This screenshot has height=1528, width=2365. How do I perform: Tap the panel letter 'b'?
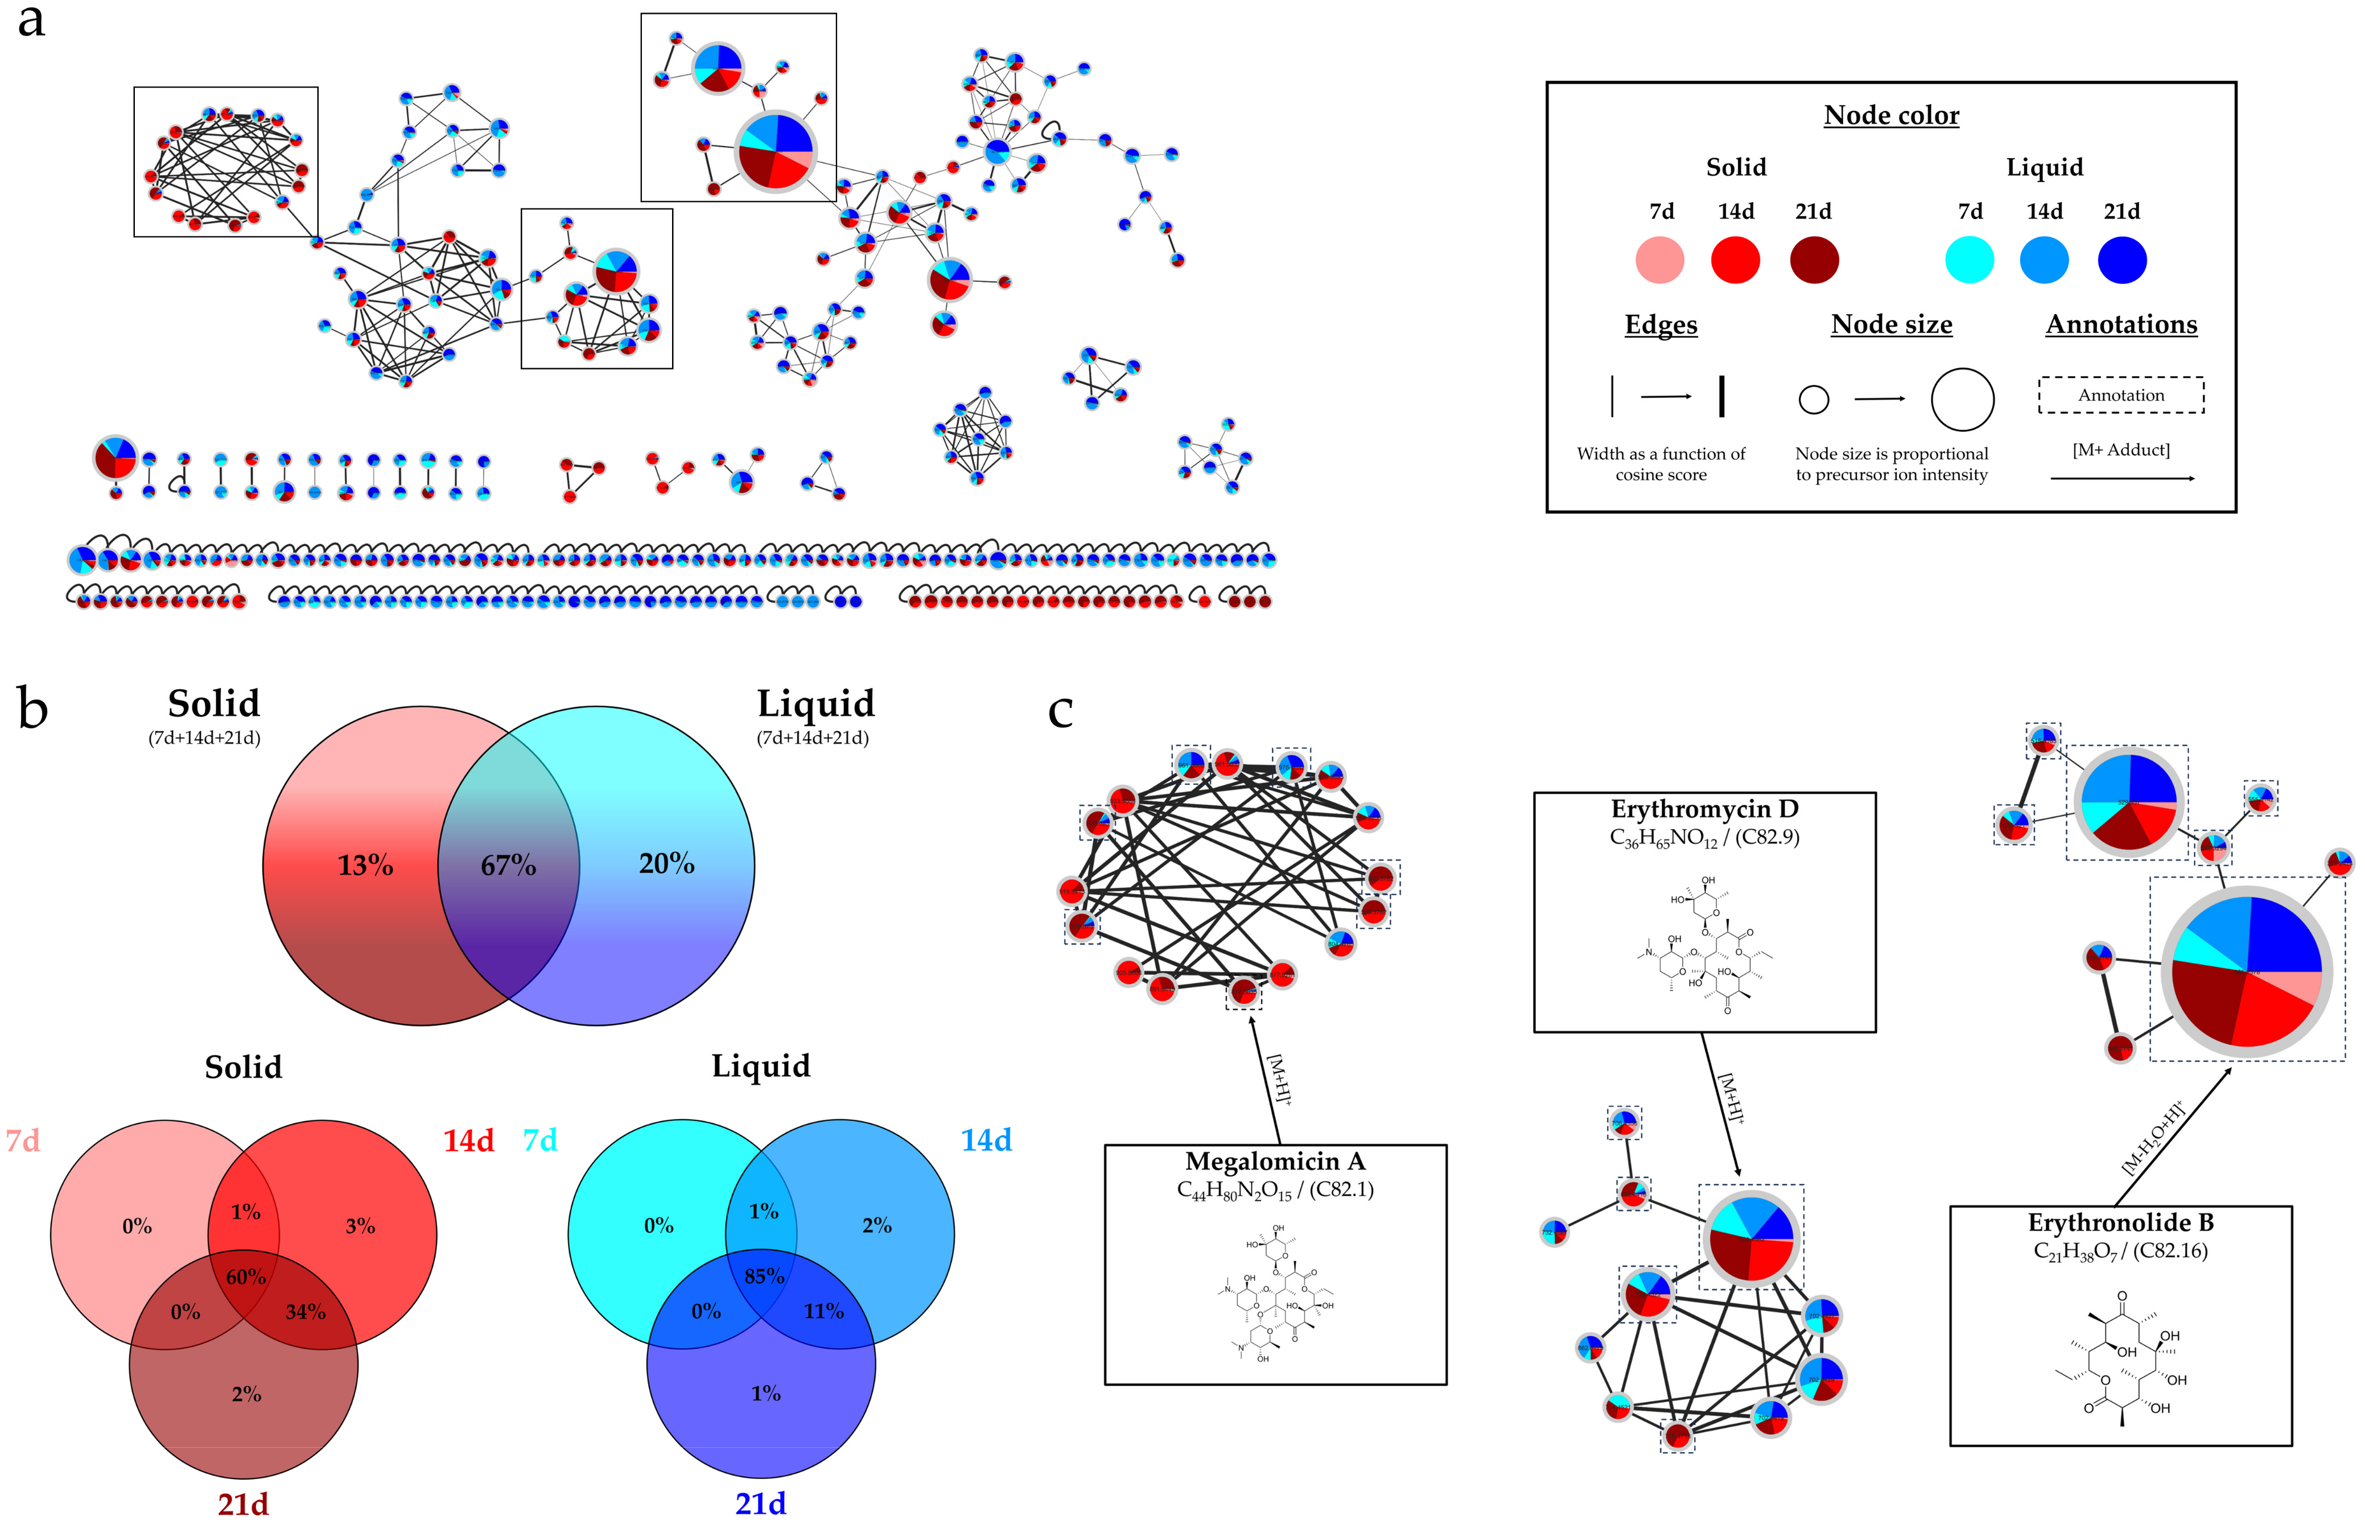(33, 710)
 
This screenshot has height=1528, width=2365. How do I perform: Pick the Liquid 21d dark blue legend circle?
(2122, 260)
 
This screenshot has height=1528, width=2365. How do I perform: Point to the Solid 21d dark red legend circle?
(1814, 260)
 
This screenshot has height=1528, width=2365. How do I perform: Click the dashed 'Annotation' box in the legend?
(2121, 395)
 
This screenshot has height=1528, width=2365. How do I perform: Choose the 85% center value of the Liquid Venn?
(764, 1276)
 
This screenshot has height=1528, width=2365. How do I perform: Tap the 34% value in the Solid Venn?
(304, 1312)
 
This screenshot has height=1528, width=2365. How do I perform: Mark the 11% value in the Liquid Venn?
(823, 1312)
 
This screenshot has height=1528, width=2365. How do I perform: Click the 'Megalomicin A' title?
(1275, 1161)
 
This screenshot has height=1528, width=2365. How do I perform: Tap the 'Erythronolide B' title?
(2120, 1222)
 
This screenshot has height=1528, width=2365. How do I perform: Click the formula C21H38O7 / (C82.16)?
(2120, 1251)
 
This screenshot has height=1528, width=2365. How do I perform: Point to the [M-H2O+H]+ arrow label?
(2153, 1138)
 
